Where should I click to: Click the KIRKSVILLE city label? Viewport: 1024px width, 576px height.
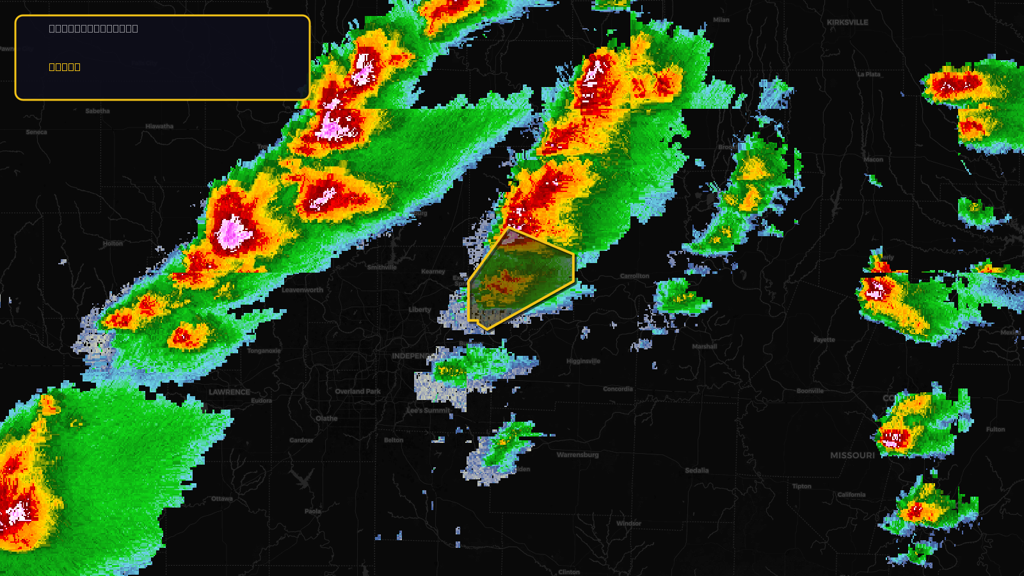pyautogui.click(x=847, y=22)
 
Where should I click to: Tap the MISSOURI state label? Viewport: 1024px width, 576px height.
pyautogui.click(x=852, y=456)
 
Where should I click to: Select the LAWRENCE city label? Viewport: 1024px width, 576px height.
pyautogui.click(x=229, y=392)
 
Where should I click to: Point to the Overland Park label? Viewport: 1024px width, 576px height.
pyautogui.click(x=358, y=392)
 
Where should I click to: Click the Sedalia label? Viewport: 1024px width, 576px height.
pyautogui.click(x=697, y=470)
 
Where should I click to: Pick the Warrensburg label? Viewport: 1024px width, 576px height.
pyautogui.click(x=577, y=455)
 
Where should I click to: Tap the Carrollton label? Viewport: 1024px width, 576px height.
pyautogui.click(x=634, y=276)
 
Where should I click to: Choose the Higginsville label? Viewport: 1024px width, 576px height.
pyautogui.click(x=583, y=362)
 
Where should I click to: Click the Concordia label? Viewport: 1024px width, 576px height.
pyautogui.click(x=618, y=389)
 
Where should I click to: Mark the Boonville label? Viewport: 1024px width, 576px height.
pyautogui.click(x=810, y=391)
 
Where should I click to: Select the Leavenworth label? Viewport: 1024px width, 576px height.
pyautogui.click(x=302, y=290)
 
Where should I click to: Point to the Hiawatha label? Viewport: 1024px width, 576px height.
pyautogui.click(x=159, y=127)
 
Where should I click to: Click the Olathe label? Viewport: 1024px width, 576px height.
pyautogui.click(x=326, y=419)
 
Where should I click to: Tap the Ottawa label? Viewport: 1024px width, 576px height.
pyautogui.click(x=222, y=499)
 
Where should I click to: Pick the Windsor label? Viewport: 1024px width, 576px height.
pyautogui.click(x=628, y=524)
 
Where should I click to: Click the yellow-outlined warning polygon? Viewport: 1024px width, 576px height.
pyautogui.click(x=518, y=278)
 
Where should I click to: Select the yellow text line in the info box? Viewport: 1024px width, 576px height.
pyautogui.click(x=65, y=67)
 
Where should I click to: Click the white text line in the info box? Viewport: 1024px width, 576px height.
pyautogui.click(x=93, y=29)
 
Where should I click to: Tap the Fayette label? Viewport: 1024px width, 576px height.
pyautogui.click(x=824, y=340)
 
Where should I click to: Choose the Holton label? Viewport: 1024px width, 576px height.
pyautogui.click(x=113, y=244)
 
